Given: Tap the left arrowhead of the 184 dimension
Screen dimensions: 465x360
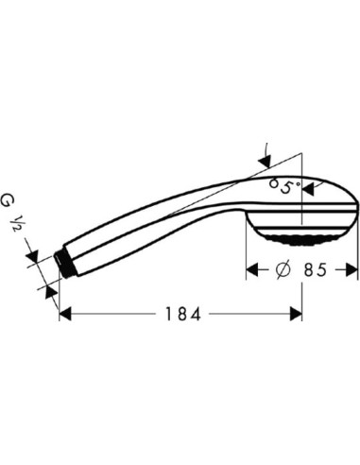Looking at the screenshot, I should [x=66, y=315].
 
